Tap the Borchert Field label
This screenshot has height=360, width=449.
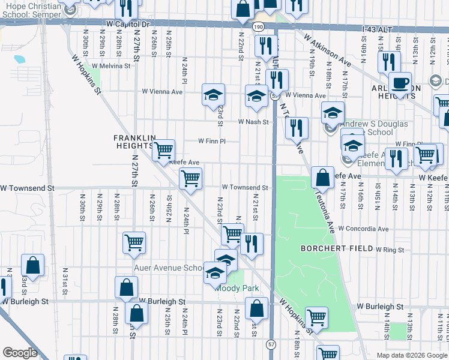[x=333, y=248]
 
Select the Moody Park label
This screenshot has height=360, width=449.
[x=238, y=288]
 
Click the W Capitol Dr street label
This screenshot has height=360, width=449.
[x=127, y=23]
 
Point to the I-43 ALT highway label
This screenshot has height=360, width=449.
[x=376, y=28]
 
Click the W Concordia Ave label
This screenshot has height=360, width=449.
[x=363, y=229]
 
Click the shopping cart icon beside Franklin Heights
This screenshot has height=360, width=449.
[x=163, y=150]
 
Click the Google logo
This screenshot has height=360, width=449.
[x=20, y=353]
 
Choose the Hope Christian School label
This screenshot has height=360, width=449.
[x=31, y=7]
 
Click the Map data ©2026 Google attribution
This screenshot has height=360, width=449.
[x=412, y=355]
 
